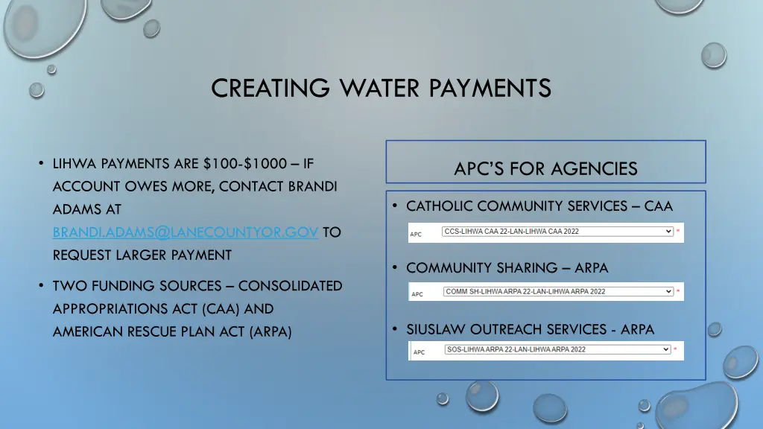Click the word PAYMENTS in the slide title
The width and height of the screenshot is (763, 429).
click(x=490, y=88)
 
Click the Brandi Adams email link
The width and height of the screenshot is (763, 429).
click(x=186, y=232)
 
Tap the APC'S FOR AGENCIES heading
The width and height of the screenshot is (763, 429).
click(x=545, y=169)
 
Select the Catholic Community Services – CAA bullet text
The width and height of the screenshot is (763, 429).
click(x=539, y=206)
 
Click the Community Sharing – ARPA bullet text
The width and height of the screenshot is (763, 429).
click(x=507, y=267)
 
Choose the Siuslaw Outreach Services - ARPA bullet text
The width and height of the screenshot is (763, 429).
click(x=530, y=329)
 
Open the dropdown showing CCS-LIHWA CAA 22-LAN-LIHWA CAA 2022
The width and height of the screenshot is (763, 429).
click(x=558, y=232)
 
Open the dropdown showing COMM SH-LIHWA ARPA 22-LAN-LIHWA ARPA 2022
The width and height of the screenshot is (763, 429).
click(x=558, y=291)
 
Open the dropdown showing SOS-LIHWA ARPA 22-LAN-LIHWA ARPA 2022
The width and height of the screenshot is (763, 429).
click(x=558, y=349)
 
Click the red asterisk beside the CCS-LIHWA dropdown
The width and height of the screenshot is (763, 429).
click(x=678, y=232)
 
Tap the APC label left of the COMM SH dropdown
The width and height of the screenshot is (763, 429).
click(x=417, y=293)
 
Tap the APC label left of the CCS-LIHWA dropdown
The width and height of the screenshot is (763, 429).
click(x=416, y=234)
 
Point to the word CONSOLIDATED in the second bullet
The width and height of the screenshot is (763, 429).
click(x=290, y=286)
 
